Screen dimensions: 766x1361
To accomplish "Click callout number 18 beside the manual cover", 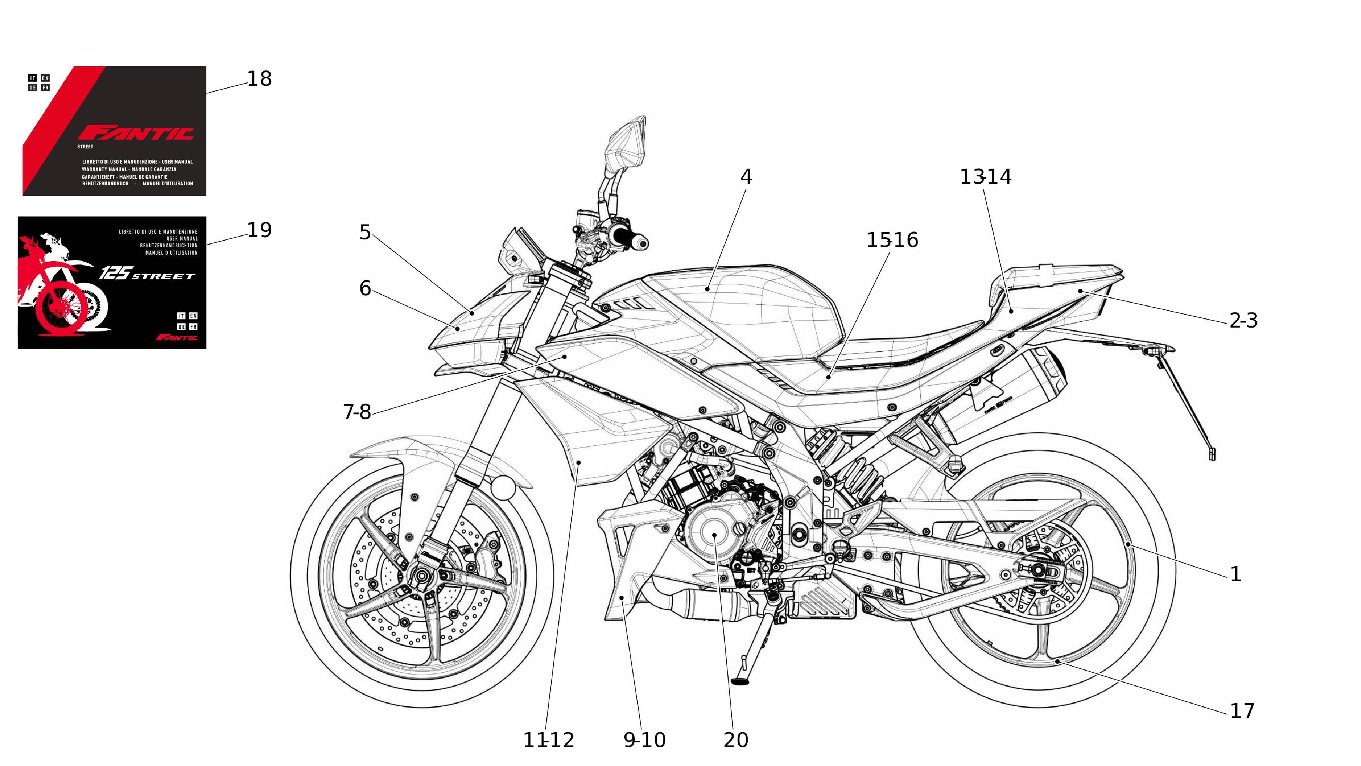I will (x=260, y=79).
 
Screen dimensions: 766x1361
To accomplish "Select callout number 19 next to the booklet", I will (x=260, y=230).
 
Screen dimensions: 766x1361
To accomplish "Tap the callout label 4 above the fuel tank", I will (x=746, y=177).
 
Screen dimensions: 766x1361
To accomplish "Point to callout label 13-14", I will (x=985, y=177).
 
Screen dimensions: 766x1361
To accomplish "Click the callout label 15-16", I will (x=892, y=241).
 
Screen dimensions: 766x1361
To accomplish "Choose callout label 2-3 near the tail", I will (x=1243, y=321).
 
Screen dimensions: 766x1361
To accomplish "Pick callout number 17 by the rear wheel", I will (x=1242, y=711).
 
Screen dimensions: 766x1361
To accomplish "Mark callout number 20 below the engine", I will (x=736, y=740).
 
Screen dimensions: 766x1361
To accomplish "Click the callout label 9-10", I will (x=644, y=740).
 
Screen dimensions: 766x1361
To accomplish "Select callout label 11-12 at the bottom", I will (x=549, y=740).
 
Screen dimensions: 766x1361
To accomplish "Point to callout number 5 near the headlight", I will (x=365, y=232).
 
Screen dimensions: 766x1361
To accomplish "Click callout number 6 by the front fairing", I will (x=365, y=289).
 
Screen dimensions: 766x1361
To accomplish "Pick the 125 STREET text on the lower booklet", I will (x=147, y=274).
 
